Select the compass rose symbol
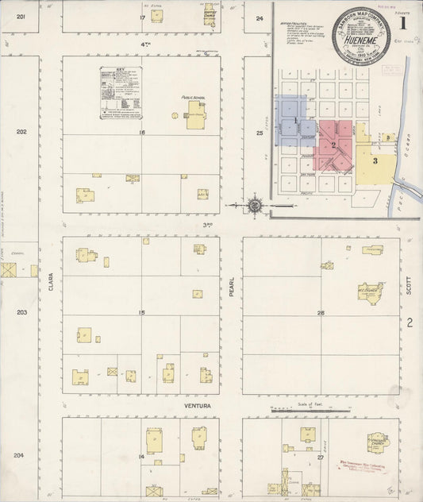254,204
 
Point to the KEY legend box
126,93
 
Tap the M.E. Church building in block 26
370,292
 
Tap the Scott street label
410,281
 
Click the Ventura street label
197,406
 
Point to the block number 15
141,312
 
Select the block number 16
142,132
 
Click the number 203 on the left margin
21,312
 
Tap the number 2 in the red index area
335,145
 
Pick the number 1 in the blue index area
295,121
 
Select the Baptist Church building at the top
210,16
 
